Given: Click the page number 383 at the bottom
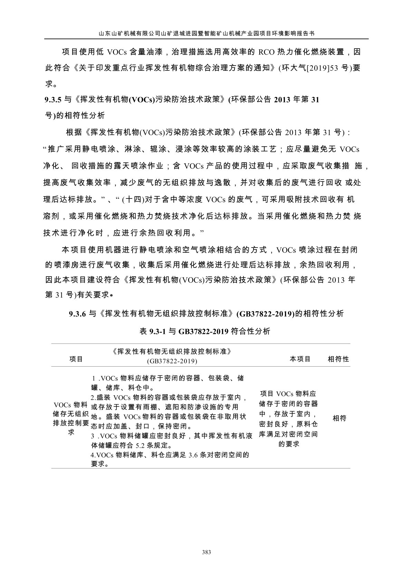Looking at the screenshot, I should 206,552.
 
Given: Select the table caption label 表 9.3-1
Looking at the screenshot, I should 151,332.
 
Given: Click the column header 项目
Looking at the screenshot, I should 76,359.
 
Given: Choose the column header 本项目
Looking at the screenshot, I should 300,359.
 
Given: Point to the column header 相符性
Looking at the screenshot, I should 338,359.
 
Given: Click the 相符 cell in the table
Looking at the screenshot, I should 339,418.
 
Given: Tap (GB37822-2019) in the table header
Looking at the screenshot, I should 172,361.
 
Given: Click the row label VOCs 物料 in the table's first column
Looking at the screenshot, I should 71,405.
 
